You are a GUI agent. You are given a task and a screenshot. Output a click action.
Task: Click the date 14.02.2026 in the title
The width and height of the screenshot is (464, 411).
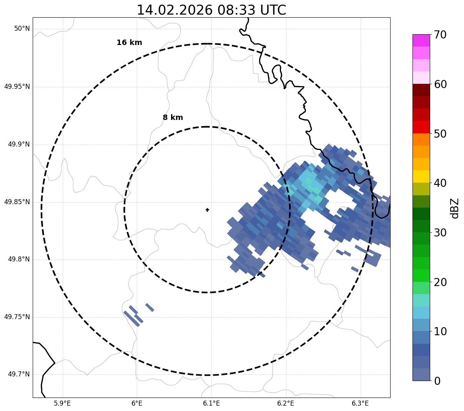tap(175, 10)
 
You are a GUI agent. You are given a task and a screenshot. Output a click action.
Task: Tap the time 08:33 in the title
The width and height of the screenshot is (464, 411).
tap(235, 10)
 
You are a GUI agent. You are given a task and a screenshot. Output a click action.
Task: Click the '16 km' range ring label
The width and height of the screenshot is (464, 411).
tap(129, 43)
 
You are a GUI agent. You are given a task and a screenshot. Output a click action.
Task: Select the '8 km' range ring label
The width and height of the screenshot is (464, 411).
tap(173, 118)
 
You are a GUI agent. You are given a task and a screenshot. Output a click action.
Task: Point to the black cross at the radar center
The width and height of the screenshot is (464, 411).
tap(208, 210)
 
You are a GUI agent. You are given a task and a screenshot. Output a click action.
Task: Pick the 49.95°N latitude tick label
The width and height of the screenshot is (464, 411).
tap(17, 87)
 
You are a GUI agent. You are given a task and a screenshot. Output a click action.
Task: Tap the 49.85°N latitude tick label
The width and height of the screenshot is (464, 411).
tap(17, 202)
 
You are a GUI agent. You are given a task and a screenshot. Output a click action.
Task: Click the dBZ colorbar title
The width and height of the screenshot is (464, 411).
tap(455, 208)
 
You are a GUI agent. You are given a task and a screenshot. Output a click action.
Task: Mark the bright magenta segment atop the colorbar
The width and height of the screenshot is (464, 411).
tap(421, 40)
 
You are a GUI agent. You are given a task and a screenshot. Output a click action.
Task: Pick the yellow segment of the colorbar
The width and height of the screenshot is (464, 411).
tap(421, 176)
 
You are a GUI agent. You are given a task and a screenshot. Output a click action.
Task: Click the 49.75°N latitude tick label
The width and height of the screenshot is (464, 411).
tap(17, 317)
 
